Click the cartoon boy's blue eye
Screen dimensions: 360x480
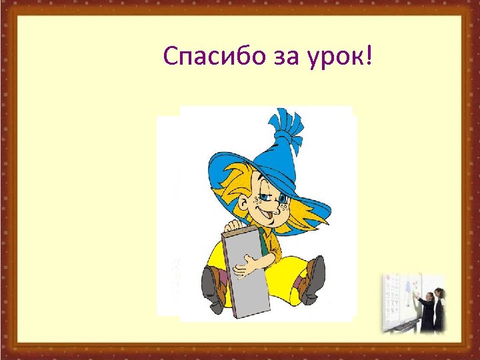pyautogui.click(x=283, y=199)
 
